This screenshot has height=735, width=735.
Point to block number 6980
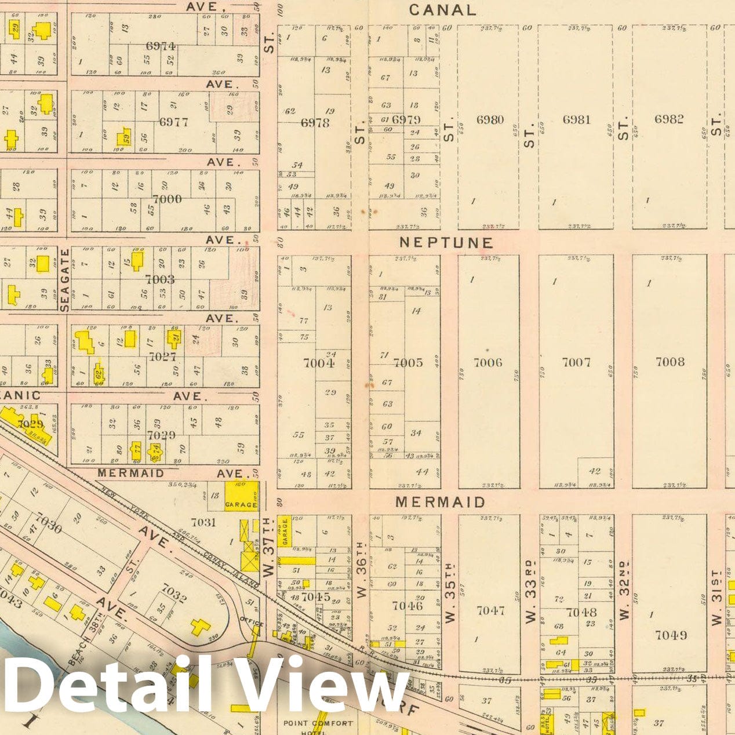click(490, 119)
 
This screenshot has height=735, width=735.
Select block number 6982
click(669, 119)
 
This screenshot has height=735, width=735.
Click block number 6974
click(161, 46)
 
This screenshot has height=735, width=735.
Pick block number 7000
click(167, 199)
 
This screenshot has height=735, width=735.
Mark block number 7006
click(488, 362)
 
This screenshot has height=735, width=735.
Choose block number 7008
click(670, 362)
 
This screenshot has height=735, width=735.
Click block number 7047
click(490, 610)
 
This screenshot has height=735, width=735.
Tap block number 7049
click(671, 635)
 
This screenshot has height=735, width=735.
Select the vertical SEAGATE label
click(64, 279)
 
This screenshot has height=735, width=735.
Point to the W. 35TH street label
click(451, 592)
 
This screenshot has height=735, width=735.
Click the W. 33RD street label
click(531, 591)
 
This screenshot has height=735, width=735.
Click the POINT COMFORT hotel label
click(318, 723)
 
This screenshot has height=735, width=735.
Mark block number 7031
click(203, 522)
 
